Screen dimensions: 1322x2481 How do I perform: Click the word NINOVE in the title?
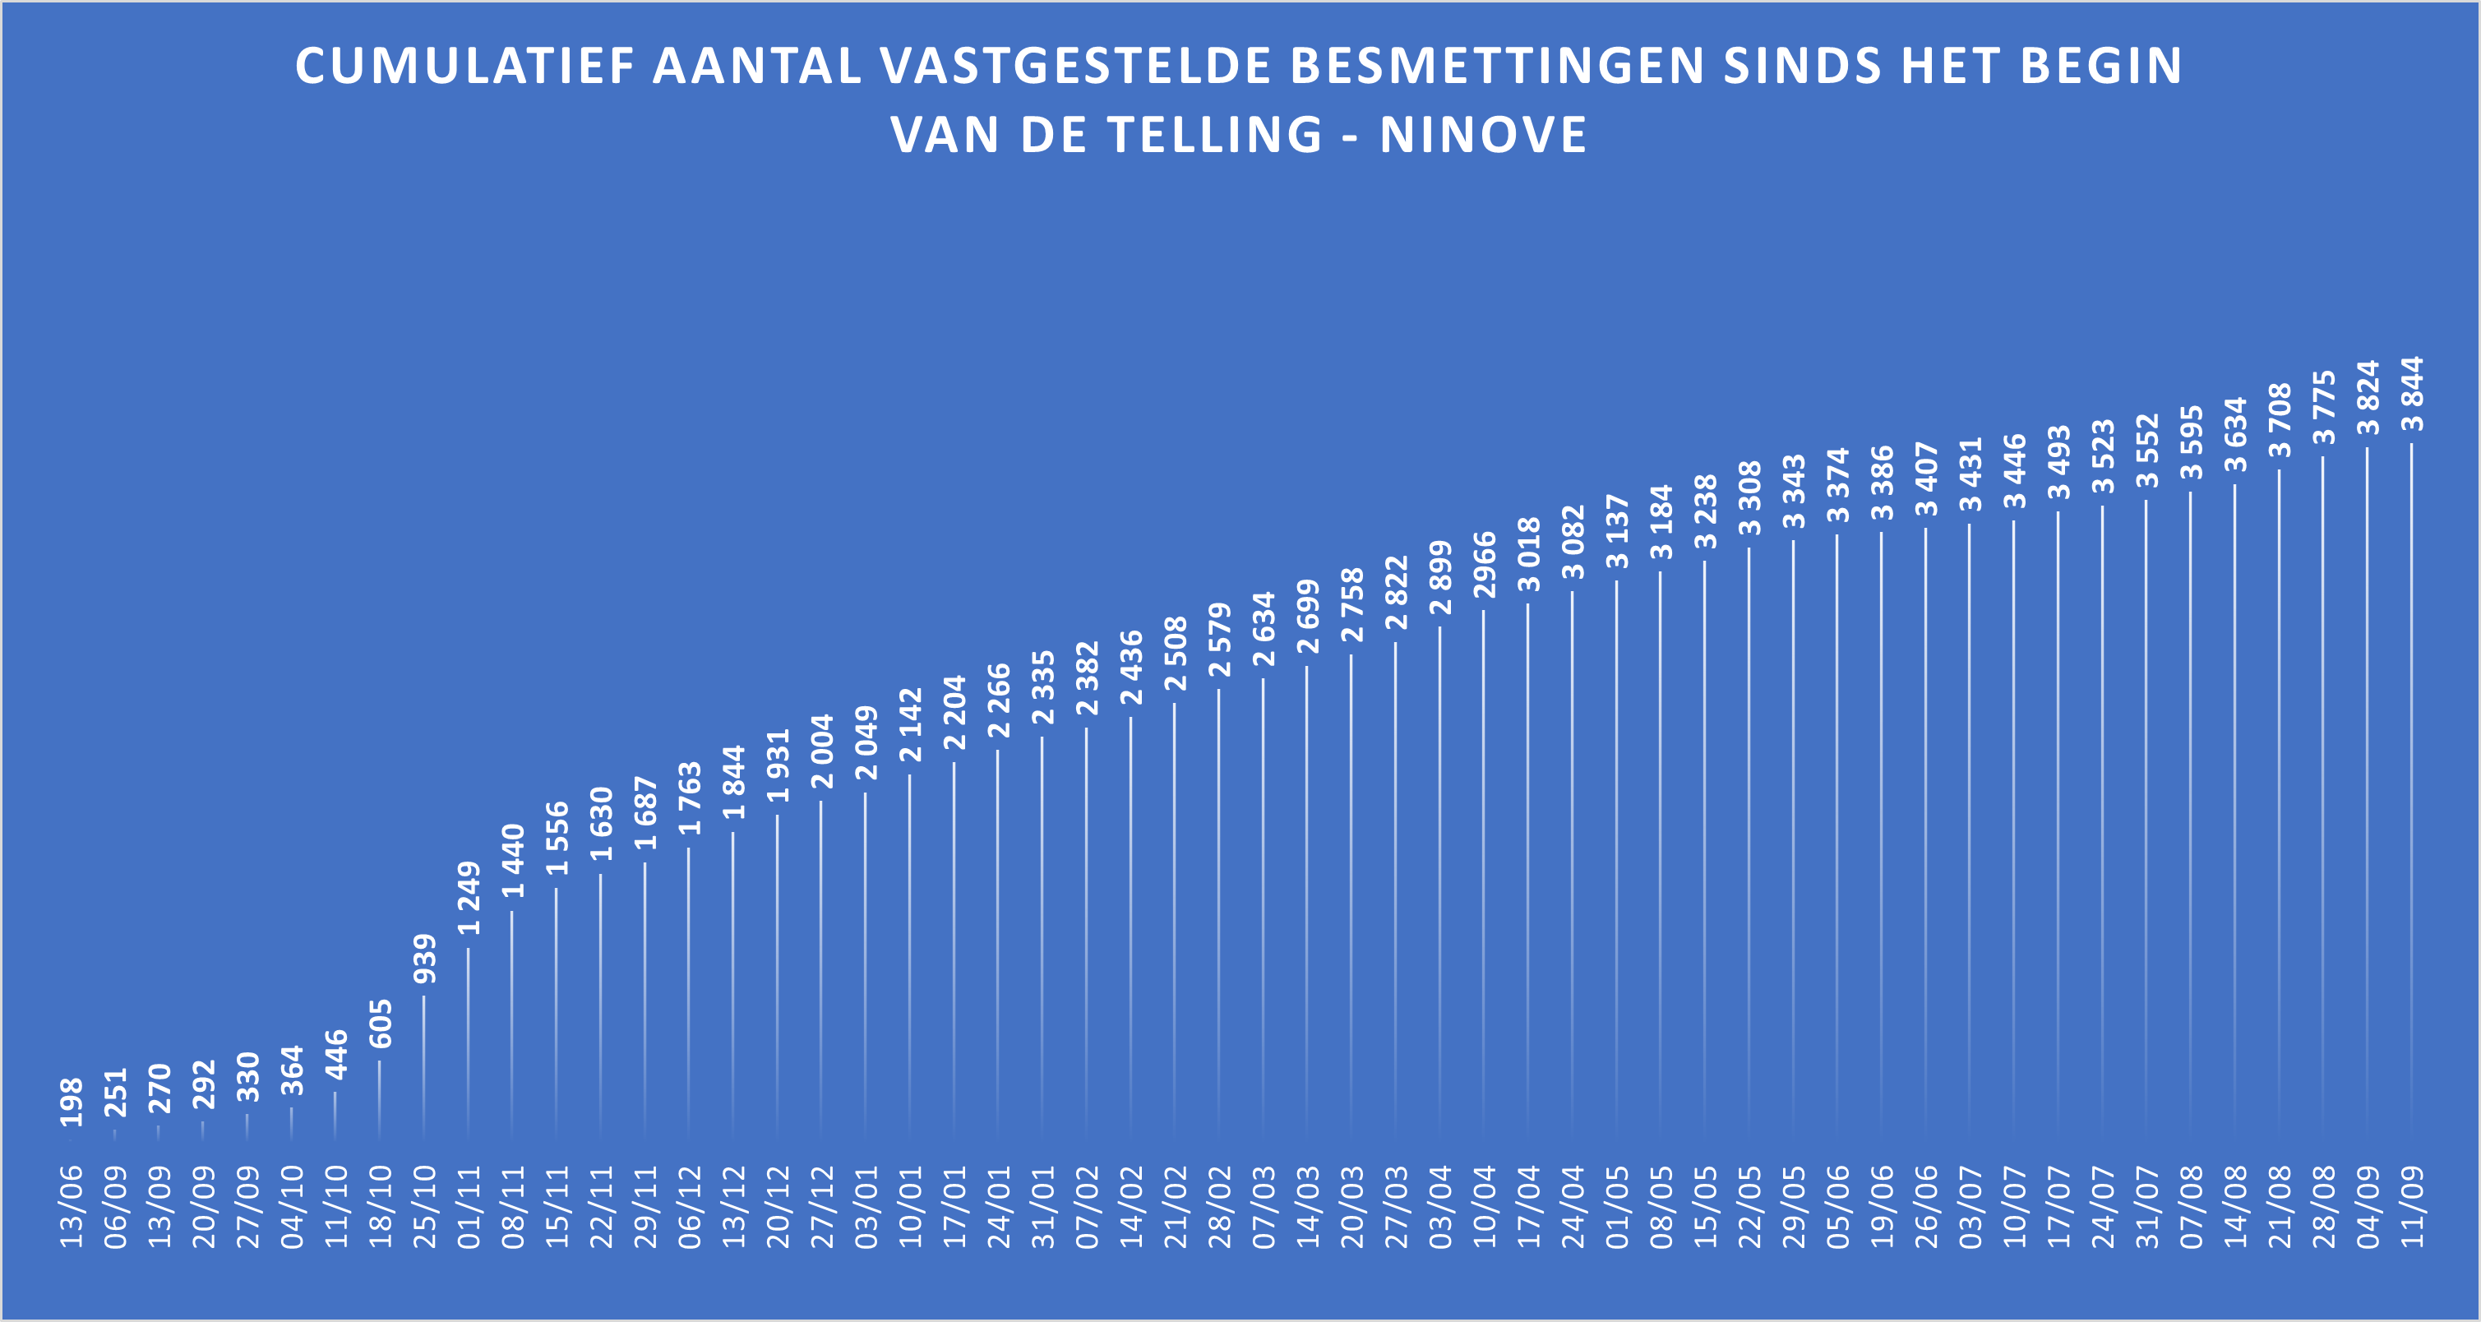point(1483,134)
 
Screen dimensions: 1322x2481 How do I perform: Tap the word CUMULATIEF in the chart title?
point(464,67)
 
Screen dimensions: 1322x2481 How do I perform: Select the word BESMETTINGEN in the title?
point(1497,67)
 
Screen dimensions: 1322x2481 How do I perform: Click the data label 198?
point(72,1102)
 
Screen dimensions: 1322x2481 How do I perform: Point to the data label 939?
point(423,959)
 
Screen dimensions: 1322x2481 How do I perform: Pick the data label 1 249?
point(468,898)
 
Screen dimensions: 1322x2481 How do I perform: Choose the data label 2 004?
point(821,751)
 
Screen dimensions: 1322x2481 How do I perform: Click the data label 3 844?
point(2412,394)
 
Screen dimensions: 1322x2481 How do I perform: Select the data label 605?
point(381,1024)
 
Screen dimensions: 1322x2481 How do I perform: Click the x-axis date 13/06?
point(72,1208)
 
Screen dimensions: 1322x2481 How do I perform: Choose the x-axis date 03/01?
point(866,1208)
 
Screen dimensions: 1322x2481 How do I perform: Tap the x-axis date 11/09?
point(2412,1208)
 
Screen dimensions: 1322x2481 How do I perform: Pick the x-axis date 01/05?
point(1616,1208)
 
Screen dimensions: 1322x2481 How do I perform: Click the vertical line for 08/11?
point(512,1020)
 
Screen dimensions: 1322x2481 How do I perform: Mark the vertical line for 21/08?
point(2279,799)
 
